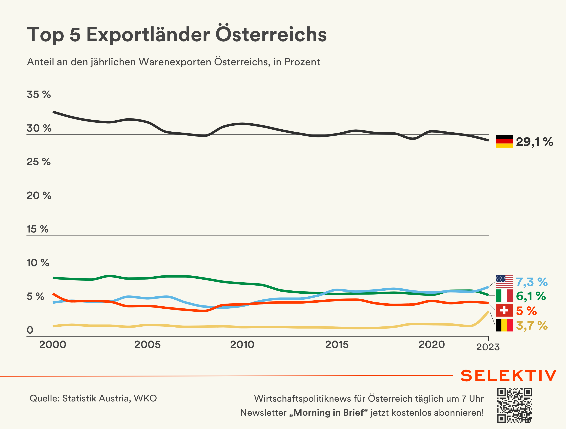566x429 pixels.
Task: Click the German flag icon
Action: pyautogui.click(x=504, y=141)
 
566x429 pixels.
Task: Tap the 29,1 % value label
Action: pyautogui.click(x=534, y=142)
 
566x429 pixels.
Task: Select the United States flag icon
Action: pyautogui.click(x=504, y=282)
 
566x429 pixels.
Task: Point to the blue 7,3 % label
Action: pyautogui.click(x=531, y=282)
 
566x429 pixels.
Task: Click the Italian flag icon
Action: pyautogui.click(x=504, y=296)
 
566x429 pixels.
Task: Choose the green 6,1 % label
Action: pyautogui.click(x=531, y=296)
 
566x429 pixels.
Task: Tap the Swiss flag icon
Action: pyautogui.click(x=504, y=310)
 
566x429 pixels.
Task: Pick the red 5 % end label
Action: pyautogui.click(x=526, y=311)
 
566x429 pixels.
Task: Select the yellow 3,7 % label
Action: pyautogui.click(x=531, y=325)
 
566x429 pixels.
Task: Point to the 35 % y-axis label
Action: pyautogui.click(x=39, y=94)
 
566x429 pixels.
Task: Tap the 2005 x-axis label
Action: pyautogui.click(x=147, y=344)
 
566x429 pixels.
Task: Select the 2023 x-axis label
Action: pyautogui.click(x=488, y=347)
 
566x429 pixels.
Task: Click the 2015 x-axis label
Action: pyautogui.click(x=337, y=344)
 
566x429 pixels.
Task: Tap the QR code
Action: pyautogui.click(x=515, y=405)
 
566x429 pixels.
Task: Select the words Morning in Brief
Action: pyautogui.click(x=328, y=413)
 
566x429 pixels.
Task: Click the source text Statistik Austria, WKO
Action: pyautogui.click(x=109, y=398)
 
